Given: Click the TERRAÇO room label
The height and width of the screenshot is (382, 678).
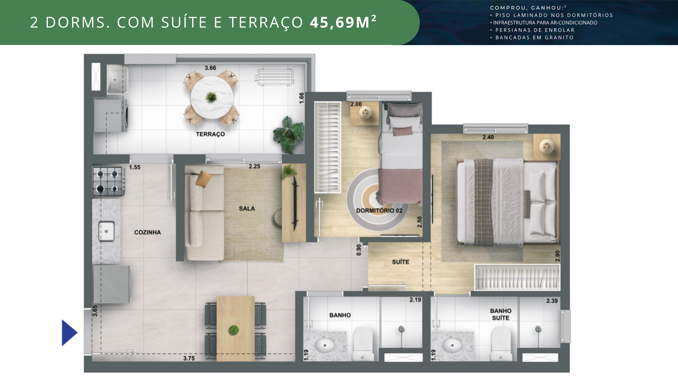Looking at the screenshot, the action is coord(210,134).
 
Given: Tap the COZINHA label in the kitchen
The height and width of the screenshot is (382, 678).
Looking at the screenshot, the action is coord(148,232).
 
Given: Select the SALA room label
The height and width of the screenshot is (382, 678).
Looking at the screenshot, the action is coord(247,209).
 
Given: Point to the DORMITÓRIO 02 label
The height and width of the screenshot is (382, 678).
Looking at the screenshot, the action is coord(379,211).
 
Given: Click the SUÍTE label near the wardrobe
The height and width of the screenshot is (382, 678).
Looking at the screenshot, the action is coord(400,262).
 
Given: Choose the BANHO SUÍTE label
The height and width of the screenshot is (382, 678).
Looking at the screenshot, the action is coord(501,314).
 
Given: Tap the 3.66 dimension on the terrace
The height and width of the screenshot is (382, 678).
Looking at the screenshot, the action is coord(210,68).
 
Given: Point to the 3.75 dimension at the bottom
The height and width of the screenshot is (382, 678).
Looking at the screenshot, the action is coord(189,358).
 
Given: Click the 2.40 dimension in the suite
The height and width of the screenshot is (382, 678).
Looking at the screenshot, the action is coord(488,137).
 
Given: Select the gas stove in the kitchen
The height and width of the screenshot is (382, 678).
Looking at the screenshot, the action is coord(109,181).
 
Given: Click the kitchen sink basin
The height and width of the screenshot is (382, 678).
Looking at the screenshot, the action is coord(106,231).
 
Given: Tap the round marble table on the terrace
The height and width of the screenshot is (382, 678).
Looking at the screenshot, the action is coord(212,98).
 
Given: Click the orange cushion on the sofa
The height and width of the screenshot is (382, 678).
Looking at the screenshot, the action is coord(203,179).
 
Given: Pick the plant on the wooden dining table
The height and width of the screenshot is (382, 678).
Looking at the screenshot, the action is coord(234,330).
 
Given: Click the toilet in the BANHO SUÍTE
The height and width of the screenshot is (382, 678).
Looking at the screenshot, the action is coord(501,344).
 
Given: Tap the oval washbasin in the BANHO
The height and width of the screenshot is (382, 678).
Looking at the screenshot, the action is coord(325,345).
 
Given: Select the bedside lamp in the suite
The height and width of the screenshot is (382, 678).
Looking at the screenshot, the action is coord(546,146).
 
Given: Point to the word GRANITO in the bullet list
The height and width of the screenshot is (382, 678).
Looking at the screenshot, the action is coord(559,38).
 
